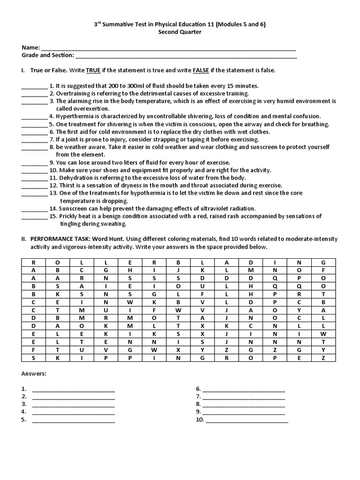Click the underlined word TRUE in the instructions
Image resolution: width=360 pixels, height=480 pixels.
[x=93, y=70]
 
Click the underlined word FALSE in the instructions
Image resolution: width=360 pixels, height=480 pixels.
[x=201, y=70]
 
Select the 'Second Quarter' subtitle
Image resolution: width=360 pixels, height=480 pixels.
[x=179, y=33]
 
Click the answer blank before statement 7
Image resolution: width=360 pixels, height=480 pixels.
[x=34, y=139]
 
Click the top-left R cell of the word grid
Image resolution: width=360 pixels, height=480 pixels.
[x=33, y=262]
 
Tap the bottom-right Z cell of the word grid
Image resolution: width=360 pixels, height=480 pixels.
[x=323, y=358]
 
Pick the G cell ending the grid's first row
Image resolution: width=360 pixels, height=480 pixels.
[x=323, y=262]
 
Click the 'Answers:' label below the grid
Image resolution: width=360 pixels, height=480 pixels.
[x=34, y=374]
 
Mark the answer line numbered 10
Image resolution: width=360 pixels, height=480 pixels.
[x=247, y=420]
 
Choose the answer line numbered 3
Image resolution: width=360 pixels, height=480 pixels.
[x=74, y=404]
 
